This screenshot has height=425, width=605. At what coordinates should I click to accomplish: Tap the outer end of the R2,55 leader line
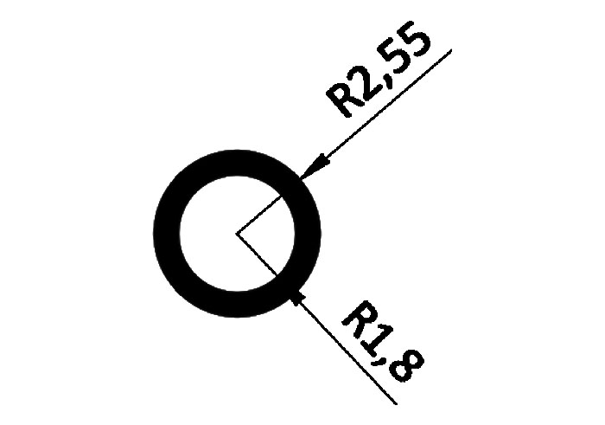coord(451,51)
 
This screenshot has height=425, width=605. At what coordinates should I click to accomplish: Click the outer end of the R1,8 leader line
coord(396,403)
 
